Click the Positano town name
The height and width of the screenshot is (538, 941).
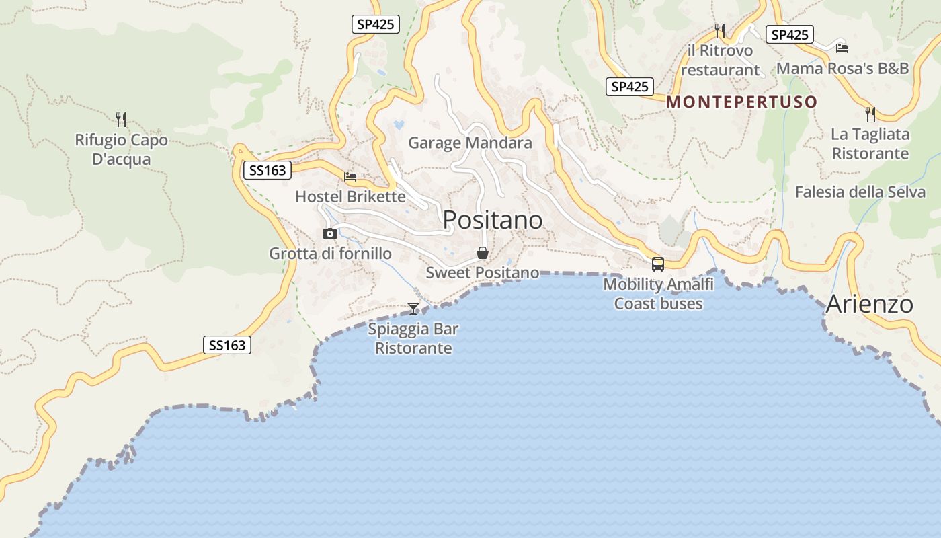(493, 220)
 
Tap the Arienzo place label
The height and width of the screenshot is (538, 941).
(869, 304)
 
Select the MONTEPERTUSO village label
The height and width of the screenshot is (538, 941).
(742, 102)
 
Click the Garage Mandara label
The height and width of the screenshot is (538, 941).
(470, 143)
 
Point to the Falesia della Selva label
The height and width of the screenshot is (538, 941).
(860, 192)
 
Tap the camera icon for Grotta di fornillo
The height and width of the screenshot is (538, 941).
(330, 233)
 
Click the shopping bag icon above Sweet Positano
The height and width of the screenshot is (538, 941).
(482, 253)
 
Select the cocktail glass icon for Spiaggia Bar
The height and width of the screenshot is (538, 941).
(413, 309)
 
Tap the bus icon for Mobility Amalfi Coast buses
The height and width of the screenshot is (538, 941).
(658, 264)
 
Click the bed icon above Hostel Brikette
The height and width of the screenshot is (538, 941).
(350, 177)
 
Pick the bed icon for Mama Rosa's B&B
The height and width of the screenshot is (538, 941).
(842, 48)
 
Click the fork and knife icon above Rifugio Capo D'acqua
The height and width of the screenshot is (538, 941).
(121, 120)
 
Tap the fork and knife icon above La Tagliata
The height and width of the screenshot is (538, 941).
(870, 114)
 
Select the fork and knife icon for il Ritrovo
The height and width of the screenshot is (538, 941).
(720, 30)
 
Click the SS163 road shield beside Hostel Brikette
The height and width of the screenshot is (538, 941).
(268, 170)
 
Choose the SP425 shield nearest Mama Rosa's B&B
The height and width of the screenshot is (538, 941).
(789, 34)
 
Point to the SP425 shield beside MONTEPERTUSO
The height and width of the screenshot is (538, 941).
(630, 87)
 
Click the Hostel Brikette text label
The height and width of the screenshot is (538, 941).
(350, 196)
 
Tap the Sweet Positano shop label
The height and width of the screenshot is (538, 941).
(482, 272)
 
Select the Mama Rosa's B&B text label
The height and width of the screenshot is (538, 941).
(842, 68)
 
